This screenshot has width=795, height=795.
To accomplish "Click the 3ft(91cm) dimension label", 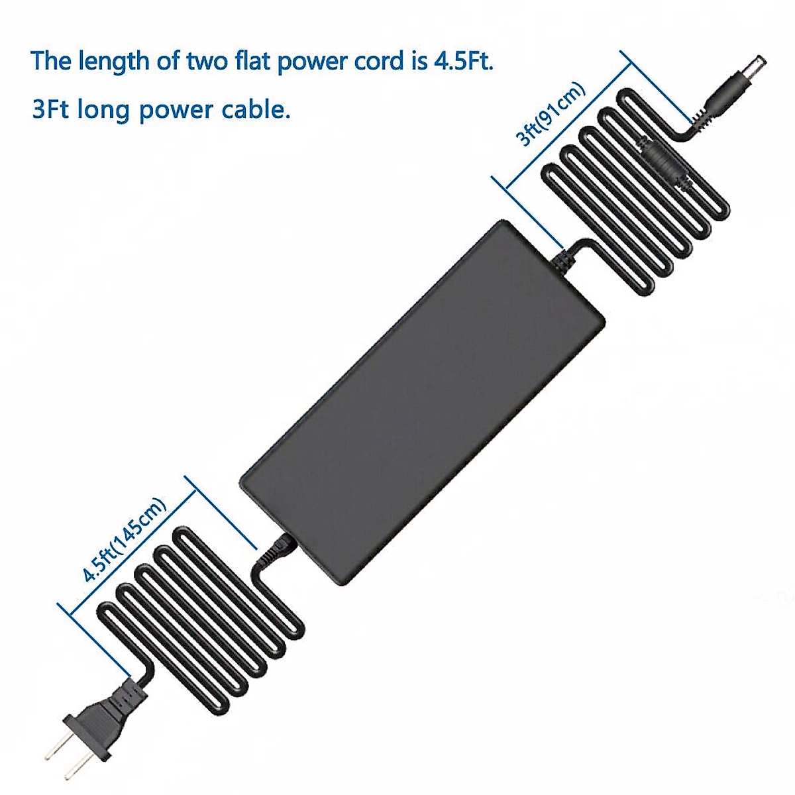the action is coord(551,114).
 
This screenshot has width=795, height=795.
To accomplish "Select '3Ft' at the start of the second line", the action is coord(51,108).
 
